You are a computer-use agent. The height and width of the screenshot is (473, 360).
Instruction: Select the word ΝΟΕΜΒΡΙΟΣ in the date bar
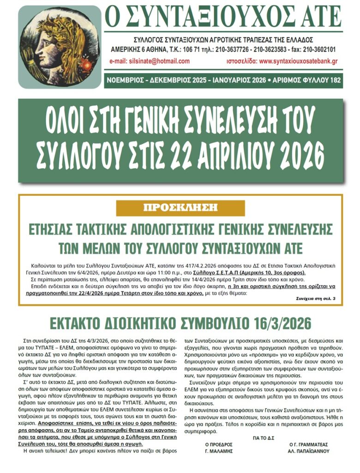(127, 80)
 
